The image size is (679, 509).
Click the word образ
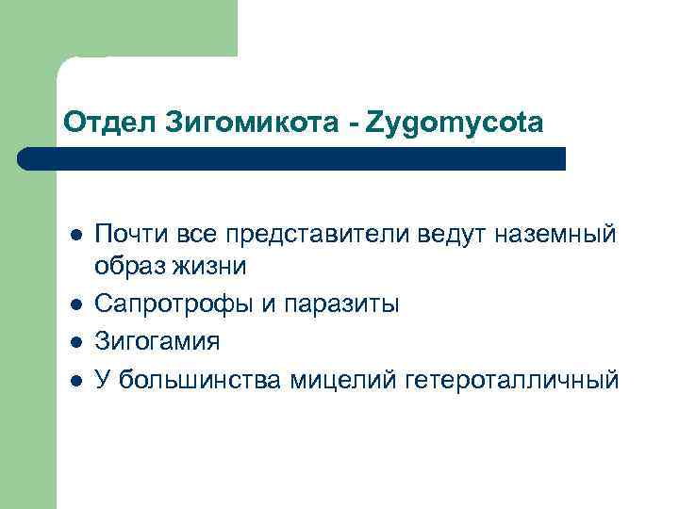(127, 267)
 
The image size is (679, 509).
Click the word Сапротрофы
(169, 304)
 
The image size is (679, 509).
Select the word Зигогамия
(158, 342)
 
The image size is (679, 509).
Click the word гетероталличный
(512, 379)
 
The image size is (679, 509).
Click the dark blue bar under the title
(292, 158)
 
